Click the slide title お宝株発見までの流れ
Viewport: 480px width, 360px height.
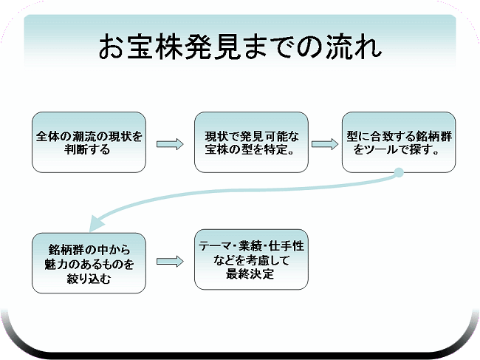240,47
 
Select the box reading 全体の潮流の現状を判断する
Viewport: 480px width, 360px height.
89,142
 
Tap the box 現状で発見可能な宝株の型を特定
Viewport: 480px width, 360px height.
251,142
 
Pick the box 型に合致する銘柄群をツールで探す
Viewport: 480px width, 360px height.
399,142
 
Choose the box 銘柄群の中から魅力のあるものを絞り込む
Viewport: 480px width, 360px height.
89,263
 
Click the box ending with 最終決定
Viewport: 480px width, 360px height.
251,259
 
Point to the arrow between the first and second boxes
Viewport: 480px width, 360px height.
170,144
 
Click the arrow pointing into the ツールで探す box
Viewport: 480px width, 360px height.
325,144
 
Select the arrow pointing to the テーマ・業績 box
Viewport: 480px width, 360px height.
170,262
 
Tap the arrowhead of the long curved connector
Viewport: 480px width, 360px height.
95,223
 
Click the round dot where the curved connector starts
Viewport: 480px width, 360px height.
399,172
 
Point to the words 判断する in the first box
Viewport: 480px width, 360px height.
87,149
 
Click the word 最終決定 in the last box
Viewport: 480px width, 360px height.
250,274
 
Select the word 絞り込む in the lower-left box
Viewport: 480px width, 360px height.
89,278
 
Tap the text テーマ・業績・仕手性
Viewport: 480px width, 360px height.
251,246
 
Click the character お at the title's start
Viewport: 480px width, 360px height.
111,47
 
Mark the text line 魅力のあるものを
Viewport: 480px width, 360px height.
89,264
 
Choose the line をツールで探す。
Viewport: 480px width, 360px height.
397,149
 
